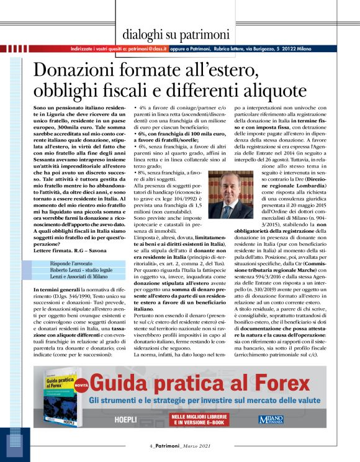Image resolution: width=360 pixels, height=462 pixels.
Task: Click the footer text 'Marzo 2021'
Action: [x=190, y=446]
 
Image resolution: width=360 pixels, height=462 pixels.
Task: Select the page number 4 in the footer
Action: [x=151, y=446]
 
